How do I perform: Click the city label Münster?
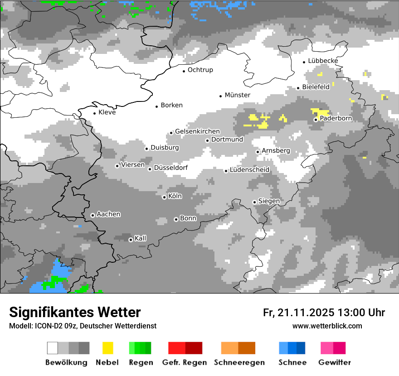238,95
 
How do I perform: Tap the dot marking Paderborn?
316,120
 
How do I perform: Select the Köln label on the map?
175,196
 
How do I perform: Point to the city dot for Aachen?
92,215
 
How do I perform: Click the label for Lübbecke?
323,61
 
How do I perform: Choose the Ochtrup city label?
200,70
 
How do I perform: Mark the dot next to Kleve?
94,113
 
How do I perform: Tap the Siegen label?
269,201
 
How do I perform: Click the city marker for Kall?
131,240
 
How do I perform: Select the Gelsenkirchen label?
197,131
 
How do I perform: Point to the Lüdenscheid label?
249,170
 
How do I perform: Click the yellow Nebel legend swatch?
108,348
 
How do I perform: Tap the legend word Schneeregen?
239,362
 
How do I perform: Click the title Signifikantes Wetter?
75,312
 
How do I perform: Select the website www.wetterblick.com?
327,326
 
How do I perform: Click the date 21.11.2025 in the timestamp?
305,313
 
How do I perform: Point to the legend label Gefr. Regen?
185,362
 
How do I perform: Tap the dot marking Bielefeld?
298,88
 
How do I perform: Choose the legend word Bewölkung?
66,362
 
